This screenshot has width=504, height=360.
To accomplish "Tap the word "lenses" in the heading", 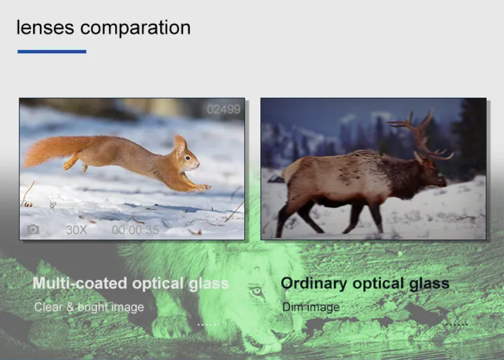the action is (x=45, y=27).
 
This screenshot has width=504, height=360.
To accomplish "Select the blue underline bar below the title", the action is (x=52, y=52).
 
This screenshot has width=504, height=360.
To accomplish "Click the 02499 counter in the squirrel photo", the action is (x=224, y=109).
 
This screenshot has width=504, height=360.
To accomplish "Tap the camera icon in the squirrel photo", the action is (x=33, y=229).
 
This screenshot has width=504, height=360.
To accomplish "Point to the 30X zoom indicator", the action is (x=76, y=229).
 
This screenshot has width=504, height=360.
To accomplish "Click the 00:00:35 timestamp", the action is (x=136, y=230).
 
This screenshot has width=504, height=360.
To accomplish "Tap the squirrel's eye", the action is (x=187, y=158).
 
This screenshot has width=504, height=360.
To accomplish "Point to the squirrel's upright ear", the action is (x=180, y=144).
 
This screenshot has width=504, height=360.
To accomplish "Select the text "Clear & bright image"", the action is (x=89, y=307).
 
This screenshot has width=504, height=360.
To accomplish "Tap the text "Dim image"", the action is (x=311, y=307).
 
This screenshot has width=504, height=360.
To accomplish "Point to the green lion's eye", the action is (x=257, y=292).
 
